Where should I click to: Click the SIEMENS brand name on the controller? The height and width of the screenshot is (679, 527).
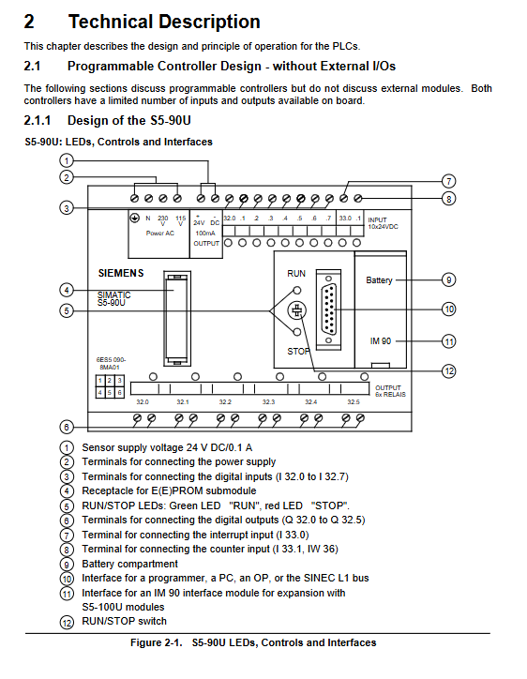(x=121, y=273)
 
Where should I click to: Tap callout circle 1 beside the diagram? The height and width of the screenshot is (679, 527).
(x=67, y=161)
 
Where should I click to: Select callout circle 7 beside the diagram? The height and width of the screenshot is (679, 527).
(x=448, y=181)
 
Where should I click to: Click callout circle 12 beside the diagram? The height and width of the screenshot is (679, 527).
(x=449, y=371)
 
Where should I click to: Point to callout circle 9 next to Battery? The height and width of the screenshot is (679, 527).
(x=448, y=279)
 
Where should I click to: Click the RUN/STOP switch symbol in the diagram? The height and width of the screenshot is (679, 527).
(x=297, y=310)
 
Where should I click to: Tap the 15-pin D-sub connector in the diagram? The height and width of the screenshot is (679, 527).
(x=328, y=309)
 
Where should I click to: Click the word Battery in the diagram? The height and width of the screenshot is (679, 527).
(x=379, y=280)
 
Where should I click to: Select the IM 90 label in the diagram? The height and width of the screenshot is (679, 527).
(x=381, y=341)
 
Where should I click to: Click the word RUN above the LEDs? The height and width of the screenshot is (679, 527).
(x=296, y=274)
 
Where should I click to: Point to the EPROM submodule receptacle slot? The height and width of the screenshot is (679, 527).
(x=177, y=318)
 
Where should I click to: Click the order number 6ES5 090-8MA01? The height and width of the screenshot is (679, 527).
(x=111, y=363)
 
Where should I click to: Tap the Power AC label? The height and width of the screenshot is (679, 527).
(x=159, y=233)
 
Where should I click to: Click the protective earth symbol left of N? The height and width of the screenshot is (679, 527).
(x=135, y=218)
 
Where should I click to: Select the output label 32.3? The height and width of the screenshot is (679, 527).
(x=268, y=402)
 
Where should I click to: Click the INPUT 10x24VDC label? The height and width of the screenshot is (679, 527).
(x=383, y=223)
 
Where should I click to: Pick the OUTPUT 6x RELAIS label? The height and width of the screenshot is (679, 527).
(x=390, y=391)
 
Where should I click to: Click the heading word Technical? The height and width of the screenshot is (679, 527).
(x=111, y=22)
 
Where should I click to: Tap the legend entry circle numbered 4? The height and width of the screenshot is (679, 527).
(x=67, y=491)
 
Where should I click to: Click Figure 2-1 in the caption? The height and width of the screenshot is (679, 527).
(x=157, y=642)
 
